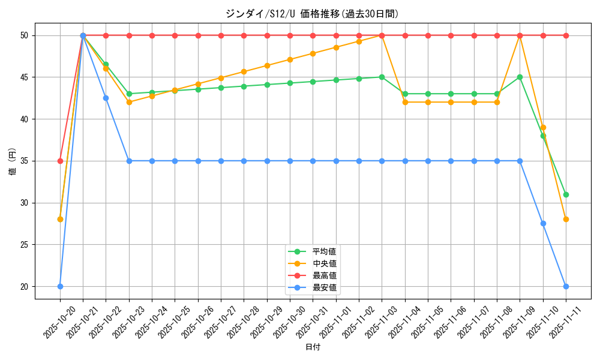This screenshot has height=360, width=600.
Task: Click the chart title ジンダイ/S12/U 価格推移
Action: (312, 13)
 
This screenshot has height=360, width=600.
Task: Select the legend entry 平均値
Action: (324, 251)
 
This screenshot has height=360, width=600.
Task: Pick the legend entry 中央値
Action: (324, 263)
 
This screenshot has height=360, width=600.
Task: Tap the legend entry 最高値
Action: (324, 275)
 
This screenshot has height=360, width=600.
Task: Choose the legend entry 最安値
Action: (324, 287)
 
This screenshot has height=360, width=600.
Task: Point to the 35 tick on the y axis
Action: (25, 161)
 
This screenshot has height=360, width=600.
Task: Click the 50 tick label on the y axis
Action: (25, 35)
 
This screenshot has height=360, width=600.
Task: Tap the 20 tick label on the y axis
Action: (25, 286)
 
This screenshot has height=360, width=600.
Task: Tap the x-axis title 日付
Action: (312, 347)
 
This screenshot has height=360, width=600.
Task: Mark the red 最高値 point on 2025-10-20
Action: (60, 161)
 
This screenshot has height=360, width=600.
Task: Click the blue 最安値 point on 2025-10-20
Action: (60, 286)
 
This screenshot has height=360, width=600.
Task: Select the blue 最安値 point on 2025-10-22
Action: (106, 98)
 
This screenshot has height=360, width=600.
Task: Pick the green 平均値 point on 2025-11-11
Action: (566, 194)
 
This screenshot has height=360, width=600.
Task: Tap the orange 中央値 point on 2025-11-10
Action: (543, 127)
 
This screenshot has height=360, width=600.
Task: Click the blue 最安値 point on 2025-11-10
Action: (543, 223)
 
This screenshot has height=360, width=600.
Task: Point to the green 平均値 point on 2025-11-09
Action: (520, 77)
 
